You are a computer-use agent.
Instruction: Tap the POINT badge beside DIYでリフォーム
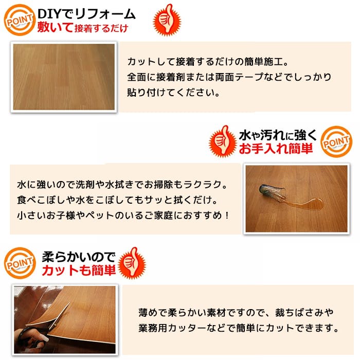(19, 19)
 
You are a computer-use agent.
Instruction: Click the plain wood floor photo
(63, 77)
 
